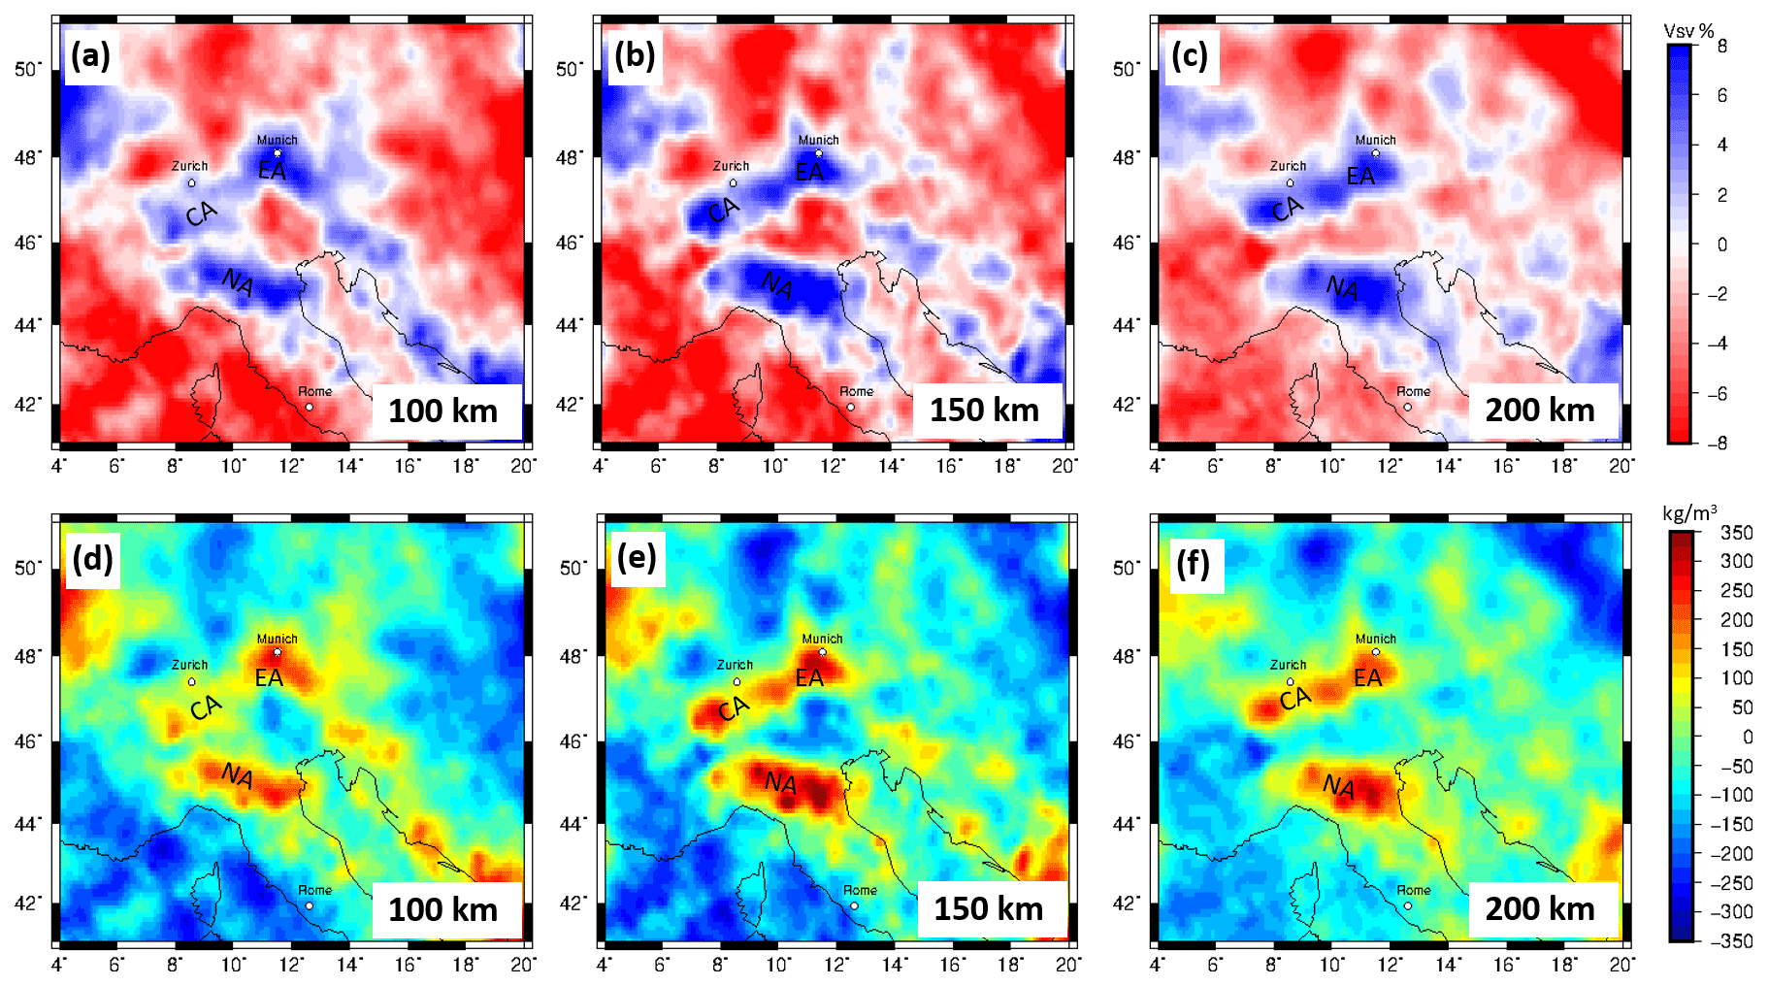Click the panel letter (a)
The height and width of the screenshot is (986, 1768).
pyautogui.click(x=90, y=56)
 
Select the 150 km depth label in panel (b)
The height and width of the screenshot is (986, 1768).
pyautogui.click(x=984, y=410)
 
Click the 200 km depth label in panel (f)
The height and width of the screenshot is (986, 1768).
pyautogui.click(x=1540, y=908)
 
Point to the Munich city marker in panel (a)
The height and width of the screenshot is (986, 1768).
pyautogui.click(x=278, y=153)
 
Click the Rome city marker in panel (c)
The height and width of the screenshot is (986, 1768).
pyautogui.click(x=1407, y=407)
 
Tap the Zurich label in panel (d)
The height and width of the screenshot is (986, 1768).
pyautogui.click(x=189, y=665)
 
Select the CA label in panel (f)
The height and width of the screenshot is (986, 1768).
pyautogui.click(x=1294, y=698)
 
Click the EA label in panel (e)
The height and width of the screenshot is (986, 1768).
pyautogui.click(x=809, y=678)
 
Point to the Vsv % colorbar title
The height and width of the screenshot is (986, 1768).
pyautogui.click(x=1688, y=31)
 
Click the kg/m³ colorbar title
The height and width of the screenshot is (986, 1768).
pyautogui.click(x=1689, y=513)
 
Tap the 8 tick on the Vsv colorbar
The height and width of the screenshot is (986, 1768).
pyautogui.click(x=1722, y=46)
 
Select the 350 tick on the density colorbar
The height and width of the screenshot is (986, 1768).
pyautogui.click(x=1736, y=532)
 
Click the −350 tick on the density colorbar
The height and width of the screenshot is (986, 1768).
pyautogui.click(x=1734, y=940)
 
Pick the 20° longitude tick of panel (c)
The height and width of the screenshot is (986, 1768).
pyautogui.click(x=1621, y=467)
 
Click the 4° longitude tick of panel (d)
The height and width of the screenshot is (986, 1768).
pyautogui.click(x=59, y=965)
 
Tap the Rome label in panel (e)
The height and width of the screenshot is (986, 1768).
pyautogui.click(x=860, y=890)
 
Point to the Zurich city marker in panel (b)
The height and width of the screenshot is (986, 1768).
pyautogui.click(x=733, y=182)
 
